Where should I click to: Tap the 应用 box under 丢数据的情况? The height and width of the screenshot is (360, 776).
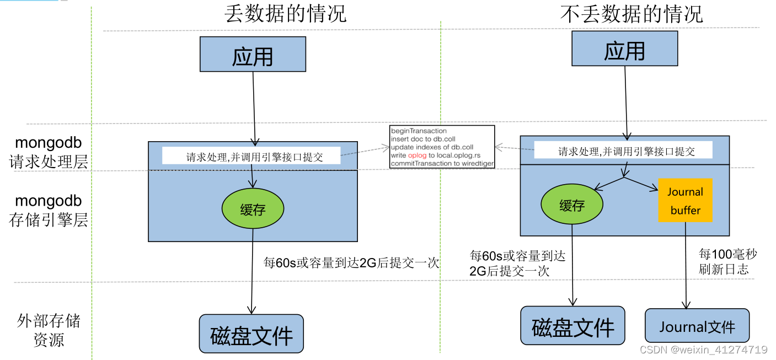pos(253,55)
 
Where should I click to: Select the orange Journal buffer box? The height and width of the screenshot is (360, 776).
pos(685,201)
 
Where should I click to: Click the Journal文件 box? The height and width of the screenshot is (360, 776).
pos(697,326)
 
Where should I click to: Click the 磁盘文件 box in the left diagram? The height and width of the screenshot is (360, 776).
pos(251,334)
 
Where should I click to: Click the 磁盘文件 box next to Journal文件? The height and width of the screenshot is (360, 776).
pos(572,326)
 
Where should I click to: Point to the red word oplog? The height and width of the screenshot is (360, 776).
pos(418,155)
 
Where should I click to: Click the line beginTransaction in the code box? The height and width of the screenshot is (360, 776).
pos(419,131)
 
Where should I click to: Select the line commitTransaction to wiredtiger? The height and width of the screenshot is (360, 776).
pos(442,164)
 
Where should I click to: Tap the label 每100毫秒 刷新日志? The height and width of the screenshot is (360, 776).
pos(727,262)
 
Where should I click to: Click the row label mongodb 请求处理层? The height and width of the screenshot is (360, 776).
pos(49,152)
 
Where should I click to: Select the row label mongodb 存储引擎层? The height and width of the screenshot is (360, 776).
pos(49,210)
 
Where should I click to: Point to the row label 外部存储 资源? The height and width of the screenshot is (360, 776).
pos(49,330)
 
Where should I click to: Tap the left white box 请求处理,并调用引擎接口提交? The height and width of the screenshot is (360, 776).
pos(251,155)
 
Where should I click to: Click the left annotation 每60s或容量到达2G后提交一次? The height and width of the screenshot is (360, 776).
pos(351,263)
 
